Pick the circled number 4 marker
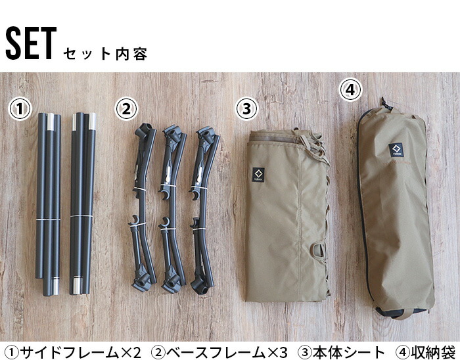(352, 90)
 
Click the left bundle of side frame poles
(49, 204)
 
